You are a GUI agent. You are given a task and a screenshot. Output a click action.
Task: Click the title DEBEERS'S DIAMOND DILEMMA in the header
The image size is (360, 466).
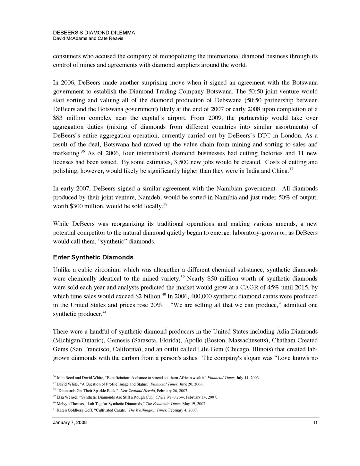pos(94,33)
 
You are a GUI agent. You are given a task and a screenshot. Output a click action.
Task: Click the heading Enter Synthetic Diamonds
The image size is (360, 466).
pos(93,257)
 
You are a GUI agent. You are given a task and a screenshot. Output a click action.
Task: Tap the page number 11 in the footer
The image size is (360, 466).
pos(315,423)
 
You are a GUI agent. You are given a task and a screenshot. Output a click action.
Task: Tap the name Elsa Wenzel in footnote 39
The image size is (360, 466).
pos(67,397)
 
